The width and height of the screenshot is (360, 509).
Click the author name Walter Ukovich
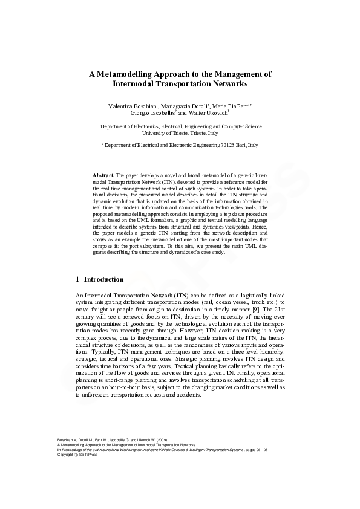click(208, 113)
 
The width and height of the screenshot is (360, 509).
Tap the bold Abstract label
click(103, 174)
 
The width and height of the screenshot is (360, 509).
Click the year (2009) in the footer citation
click(162, 439)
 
